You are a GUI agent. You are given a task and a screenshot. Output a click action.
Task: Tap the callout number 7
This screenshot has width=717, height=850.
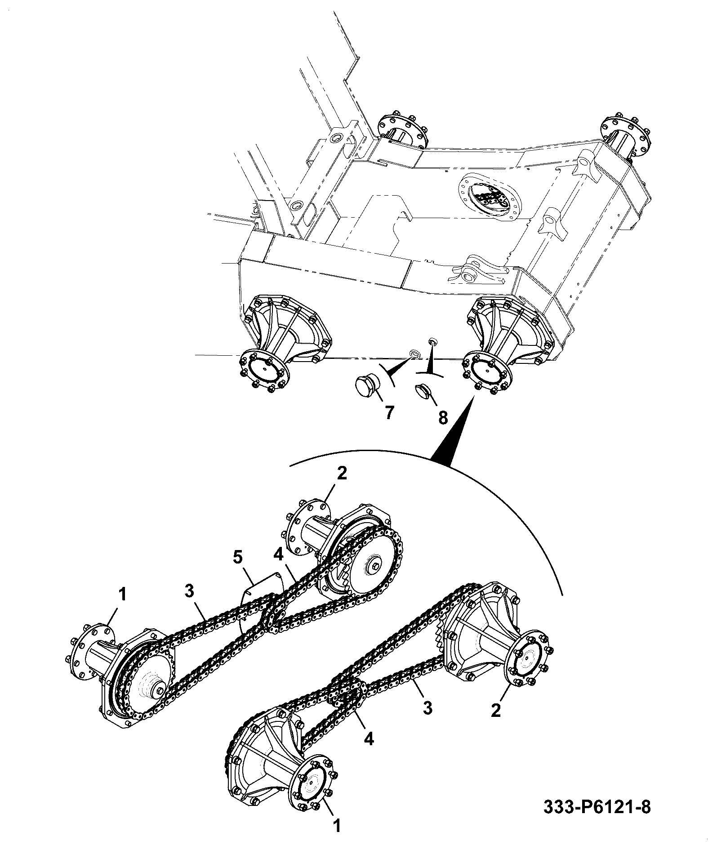click(389, 412)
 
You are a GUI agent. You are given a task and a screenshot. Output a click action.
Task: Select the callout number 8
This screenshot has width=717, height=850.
click(443, 418)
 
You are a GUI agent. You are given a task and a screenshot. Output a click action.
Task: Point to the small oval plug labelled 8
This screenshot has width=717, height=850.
click(423, 389)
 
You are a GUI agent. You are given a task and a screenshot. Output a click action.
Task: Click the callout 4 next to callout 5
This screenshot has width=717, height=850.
click(278, 556)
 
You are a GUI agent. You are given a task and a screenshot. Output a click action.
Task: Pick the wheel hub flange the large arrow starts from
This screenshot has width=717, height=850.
click(487, 371)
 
